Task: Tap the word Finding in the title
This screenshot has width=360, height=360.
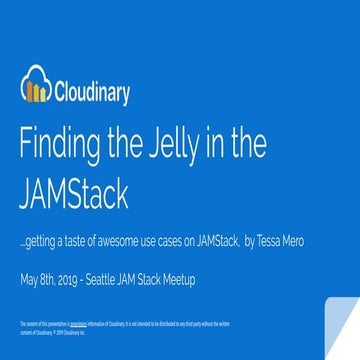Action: (x=60, y=146)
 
